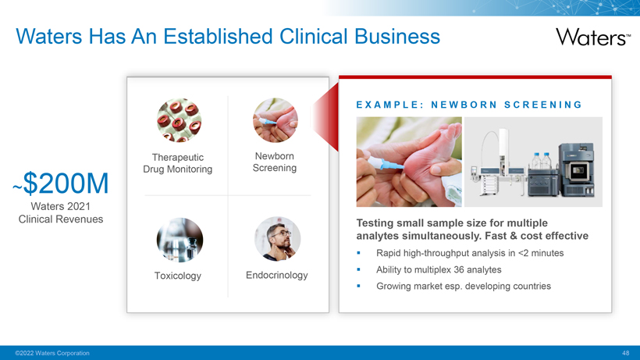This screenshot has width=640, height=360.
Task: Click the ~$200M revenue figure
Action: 61,183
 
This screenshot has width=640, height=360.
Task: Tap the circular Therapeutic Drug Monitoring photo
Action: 179,120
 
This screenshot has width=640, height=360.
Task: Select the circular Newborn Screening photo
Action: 275,120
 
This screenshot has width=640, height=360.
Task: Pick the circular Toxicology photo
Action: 180,240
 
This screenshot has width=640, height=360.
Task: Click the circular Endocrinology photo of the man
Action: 278,239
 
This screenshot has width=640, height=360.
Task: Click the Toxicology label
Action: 177,276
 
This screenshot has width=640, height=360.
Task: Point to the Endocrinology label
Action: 277,275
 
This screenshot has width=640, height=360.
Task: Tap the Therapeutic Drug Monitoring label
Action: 177,163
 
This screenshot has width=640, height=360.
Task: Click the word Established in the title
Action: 218,36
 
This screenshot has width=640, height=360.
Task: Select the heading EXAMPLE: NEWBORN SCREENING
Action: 469,105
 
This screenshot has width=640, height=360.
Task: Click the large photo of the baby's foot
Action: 409,162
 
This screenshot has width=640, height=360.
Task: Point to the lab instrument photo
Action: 534,162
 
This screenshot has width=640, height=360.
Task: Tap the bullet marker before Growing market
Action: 358,286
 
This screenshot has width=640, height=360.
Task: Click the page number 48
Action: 626,353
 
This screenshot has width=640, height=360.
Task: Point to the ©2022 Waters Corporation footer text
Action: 52,353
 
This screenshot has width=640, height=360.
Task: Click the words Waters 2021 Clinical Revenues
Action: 61,212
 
